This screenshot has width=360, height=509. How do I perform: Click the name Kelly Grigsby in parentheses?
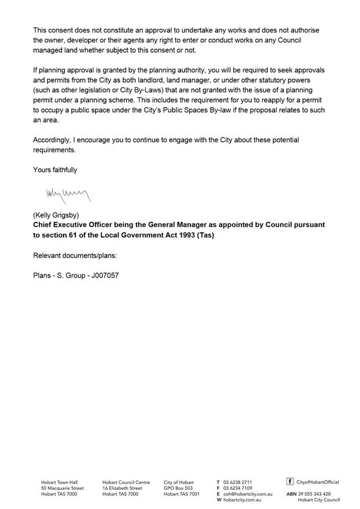pyautogui.click(x=57, y=215)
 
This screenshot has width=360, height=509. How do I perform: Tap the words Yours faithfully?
pyautogui.click(x=55, y=170)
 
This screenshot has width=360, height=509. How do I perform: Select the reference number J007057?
pyautogui.click(x=105, y=275)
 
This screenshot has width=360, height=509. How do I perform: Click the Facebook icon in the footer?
pyautogui.click(x=290, y=481)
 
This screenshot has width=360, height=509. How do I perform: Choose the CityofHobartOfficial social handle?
pyautogui.click(x=318, y=482)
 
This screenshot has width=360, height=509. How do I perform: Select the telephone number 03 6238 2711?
pyautogui.click(x=237, y=482)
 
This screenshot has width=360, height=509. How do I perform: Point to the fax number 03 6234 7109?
pyautogui.click(x=237, y=488)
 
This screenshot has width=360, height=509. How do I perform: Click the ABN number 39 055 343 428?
pyautogui.click(x=314, y=494)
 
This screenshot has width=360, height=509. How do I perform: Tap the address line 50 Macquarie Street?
pyautogui.click(x=62, y=488)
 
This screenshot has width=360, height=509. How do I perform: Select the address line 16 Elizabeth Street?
pyautogui.click(x=122, y=488)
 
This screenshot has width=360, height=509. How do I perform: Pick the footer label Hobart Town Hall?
pyautogui.click(x=59, y=482)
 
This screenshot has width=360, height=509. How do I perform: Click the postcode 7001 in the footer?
pyautogui.click(x=194, y=494)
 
